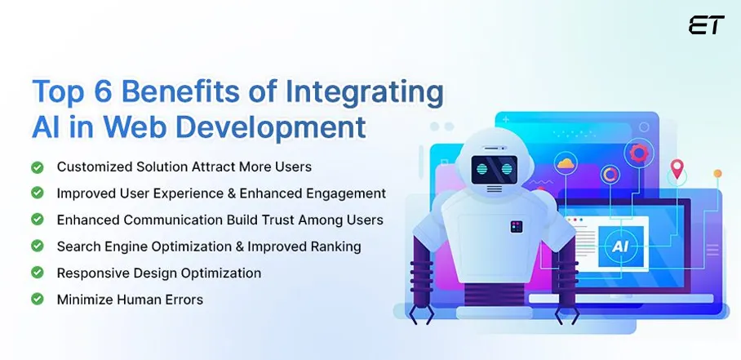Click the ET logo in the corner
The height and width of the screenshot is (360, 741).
click(x=706, y=25)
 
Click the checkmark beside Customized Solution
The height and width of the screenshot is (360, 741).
click(x=37, y=167)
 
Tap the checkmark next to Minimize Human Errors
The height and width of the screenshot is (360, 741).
click(x=37, y=300)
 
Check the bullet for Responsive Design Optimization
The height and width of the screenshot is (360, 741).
click(x=37, y=273)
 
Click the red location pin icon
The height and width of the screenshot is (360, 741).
click(x=676, y=170)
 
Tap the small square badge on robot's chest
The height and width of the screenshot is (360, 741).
click(x=516, y=226)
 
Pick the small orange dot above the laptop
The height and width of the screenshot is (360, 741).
click(x=717, y=174)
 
